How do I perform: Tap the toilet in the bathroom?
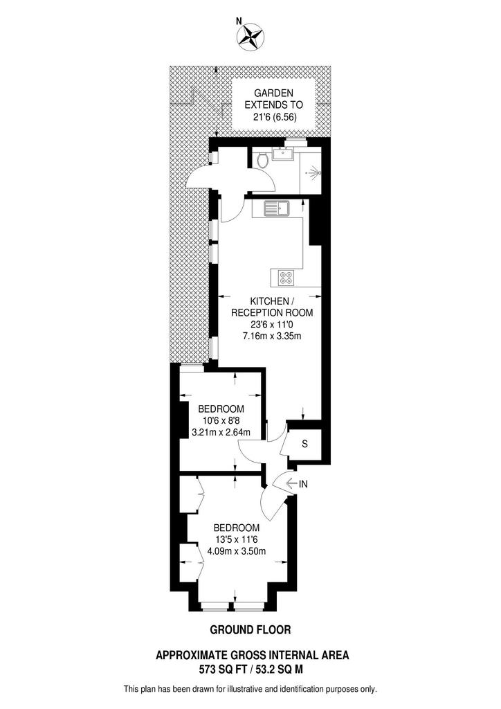(262, 161)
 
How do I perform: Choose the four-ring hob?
(286, 278)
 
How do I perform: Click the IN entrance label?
(302, 484)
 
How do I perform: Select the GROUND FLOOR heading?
(250, 630)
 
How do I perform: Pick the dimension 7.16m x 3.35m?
(271, 336)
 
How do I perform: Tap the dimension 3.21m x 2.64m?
(220, 433)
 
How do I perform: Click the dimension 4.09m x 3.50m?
(237, 551)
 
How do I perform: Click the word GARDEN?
(274, 93)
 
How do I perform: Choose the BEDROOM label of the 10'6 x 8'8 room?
(221, 407)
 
